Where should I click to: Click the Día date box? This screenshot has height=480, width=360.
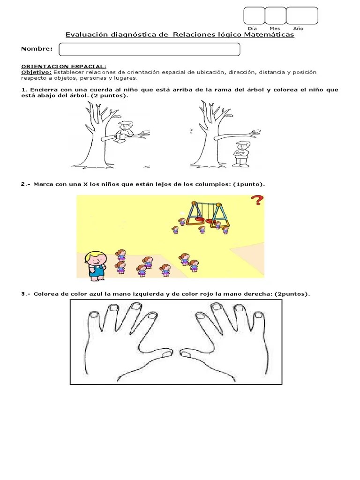pos(254,15)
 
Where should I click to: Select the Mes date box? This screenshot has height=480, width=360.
pos(275,15)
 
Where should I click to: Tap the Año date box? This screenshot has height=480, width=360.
pos(302,15)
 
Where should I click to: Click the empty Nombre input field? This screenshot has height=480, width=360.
pos(149,50)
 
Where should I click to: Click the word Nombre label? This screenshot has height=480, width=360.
pos(37,49)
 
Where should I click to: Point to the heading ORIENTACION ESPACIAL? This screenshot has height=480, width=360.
pos(64,67)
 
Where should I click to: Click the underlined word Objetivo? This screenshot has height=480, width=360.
pos(36,72)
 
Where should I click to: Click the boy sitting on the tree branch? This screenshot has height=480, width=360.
pos(124,131)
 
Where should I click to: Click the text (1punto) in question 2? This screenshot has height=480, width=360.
pos(248,184)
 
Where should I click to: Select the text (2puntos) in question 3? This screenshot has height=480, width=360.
pos(292,294)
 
